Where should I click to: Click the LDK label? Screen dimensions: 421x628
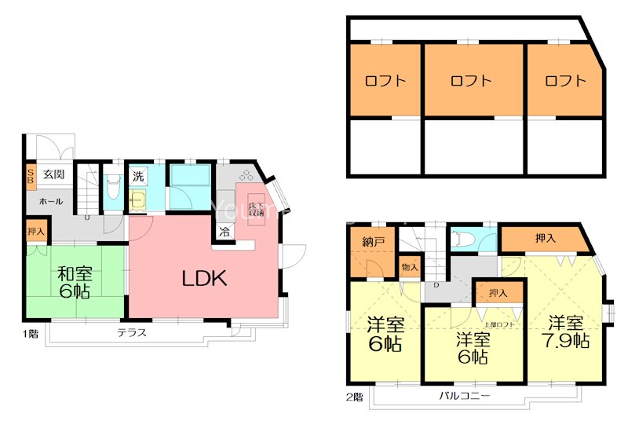205,278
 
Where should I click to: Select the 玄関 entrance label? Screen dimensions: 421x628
53,174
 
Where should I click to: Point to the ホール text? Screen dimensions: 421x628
51,201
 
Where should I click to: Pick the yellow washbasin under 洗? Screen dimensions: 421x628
139,200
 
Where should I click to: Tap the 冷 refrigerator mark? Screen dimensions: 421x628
224,232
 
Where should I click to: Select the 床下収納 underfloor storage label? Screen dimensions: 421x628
257,207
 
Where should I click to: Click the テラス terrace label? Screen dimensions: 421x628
132,332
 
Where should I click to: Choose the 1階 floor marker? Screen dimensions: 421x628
29,333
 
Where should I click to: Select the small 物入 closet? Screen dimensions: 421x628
410,267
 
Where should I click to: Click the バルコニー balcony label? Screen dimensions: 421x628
464,396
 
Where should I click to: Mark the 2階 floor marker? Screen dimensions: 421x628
354,397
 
